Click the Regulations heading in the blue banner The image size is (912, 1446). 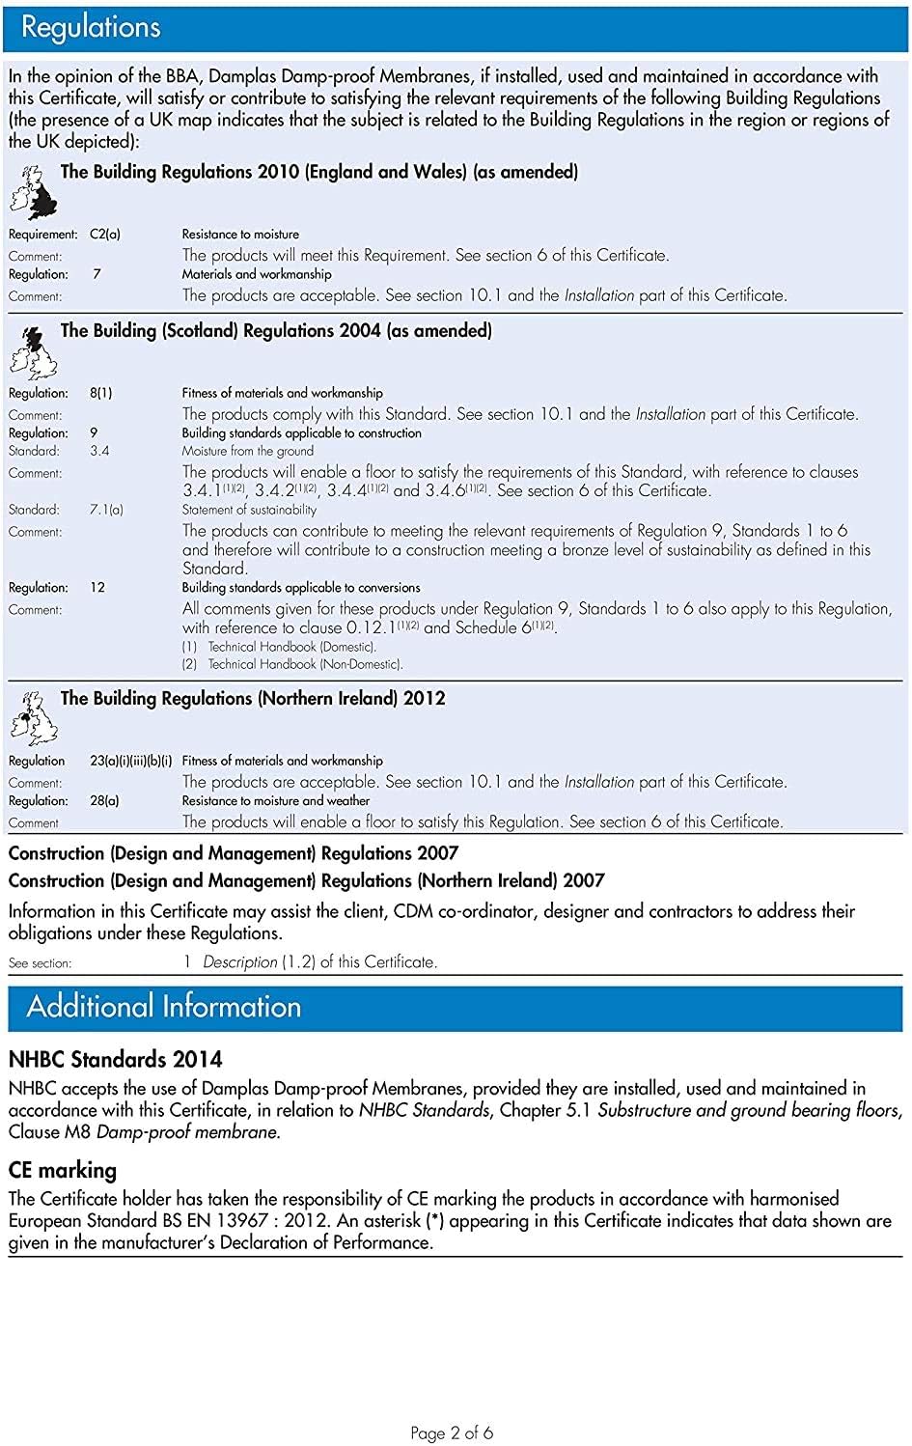click(x=91, y=28)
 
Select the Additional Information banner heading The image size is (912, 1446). click(x=164, y=1007)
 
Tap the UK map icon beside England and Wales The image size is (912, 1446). click(x=33, y=192)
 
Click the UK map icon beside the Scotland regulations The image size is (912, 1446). click(x=33, y=351)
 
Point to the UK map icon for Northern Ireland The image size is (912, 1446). click(x=33, y=718)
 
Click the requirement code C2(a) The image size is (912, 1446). click(x=105, y=235)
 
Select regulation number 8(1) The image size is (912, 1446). click(x=101, y=393)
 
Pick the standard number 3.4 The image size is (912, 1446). click(x=99, y=451)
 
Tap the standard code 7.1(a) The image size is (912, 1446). click(x=106, y=510)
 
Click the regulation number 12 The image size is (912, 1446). click(x=97, y=587)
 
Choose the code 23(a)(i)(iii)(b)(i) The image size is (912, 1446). click(x=131, y=761)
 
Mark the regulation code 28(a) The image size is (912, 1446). click(x=105, y=800)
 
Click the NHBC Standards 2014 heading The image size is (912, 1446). click(x=115, y=1059)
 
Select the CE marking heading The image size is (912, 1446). click(x=63, y=1170)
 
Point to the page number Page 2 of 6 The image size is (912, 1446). click(x=452, y=1432)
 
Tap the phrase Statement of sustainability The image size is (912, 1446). click(x=249, y=510)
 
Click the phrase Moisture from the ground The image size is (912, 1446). click(x=247, y=451)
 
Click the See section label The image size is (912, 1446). click(x=40, y=962)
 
